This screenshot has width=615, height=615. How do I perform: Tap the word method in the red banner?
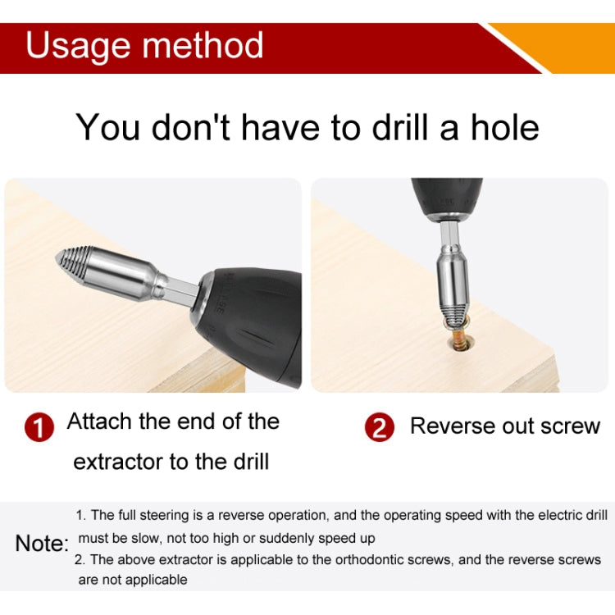click(x=205, y=46)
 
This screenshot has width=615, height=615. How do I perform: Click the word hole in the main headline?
click(x=504, y=128)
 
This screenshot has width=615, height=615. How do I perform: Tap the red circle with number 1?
click(x=39, y=428)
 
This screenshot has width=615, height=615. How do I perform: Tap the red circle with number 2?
click(x=379, y=428)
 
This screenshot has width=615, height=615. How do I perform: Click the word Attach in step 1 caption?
click(x=98, y=421)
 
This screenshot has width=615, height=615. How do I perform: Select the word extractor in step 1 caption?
click(x=118, y=462)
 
